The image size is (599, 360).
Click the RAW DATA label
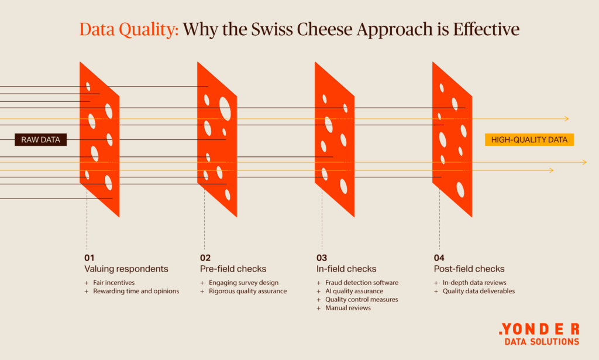[x=40, y=139]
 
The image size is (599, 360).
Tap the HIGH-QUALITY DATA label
[x=529, y=139]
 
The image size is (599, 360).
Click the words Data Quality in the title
[x=129, y=29]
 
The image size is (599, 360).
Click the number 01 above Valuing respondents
[x=89, y=258]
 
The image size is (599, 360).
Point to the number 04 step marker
[x=439, y=258]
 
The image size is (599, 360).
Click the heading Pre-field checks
[x=233, y=269]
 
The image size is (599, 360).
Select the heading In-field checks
[x=346, y=269]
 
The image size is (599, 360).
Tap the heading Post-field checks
[x=469, y=269]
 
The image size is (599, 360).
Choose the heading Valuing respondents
[x=126, y=269]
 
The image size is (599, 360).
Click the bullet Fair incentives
[x=114, y=282]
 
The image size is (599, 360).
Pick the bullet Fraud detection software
[x=362, y=282]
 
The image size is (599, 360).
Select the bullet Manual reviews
[x=348, y=308]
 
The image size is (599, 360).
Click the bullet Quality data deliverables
[x=478, y=291]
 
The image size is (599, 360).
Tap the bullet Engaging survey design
[x=244, y=282]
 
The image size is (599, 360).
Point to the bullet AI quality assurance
[x=354, y=291]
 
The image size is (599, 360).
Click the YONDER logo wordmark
[x=539, y=329]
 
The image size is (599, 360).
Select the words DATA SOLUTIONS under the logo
[x=542, y=342]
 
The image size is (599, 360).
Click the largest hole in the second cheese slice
[x=225, y=109]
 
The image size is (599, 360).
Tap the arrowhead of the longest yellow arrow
[x=584, y=162]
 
